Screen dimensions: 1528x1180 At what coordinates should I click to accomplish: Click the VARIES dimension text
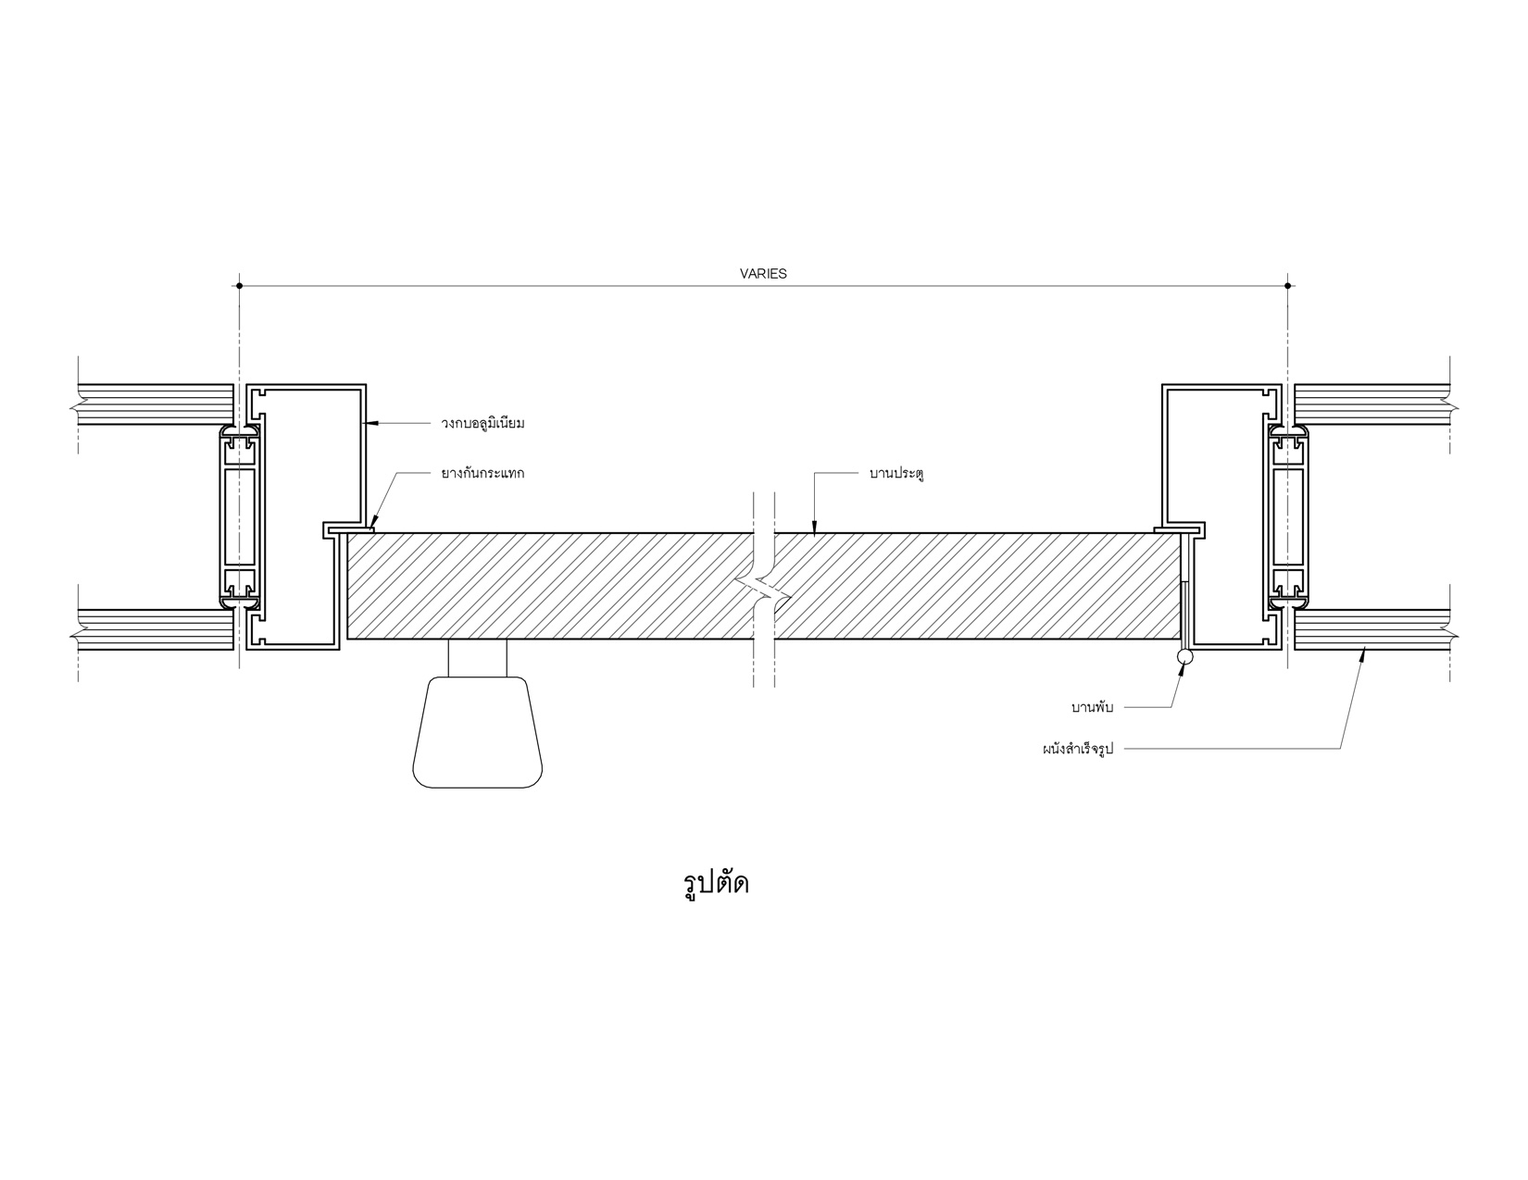click(763, 274)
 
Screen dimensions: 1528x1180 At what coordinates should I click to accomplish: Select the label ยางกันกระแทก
click(483, 473)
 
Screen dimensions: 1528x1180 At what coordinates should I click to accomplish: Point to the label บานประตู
click(896, 473)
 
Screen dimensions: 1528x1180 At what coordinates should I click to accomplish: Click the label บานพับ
click(1092, 707)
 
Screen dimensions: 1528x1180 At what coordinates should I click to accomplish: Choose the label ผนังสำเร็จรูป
click(1078, 749)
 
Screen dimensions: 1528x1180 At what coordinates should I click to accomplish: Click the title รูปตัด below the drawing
click(716, 884)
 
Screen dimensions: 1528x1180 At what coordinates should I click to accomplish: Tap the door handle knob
click(478, 732)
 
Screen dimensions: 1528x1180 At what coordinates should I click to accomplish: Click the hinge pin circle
click(1185, 656)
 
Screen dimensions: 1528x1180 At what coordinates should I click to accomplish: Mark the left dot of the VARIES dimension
click(240, 286)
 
